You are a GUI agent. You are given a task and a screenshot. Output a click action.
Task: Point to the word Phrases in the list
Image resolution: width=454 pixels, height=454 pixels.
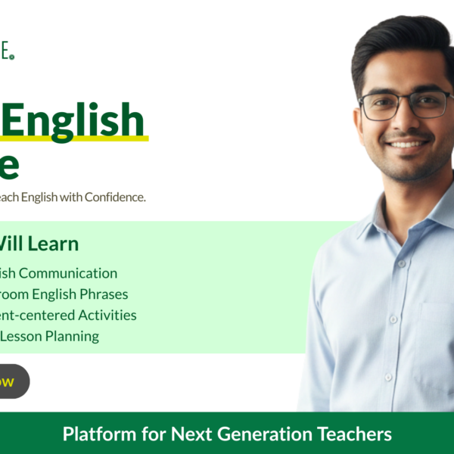(103, 294)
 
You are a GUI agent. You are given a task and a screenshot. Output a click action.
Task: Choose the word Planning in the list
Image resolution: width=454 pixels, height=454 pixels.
(73, 336)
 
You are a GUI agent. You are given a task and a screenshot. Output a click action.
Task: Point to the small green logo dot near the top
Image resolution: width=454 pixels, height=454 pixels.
(12, 57)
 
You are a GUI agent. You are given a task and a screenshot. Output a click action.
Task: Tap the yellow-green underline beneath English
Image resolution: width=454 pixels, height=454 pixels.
(76, 138)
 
